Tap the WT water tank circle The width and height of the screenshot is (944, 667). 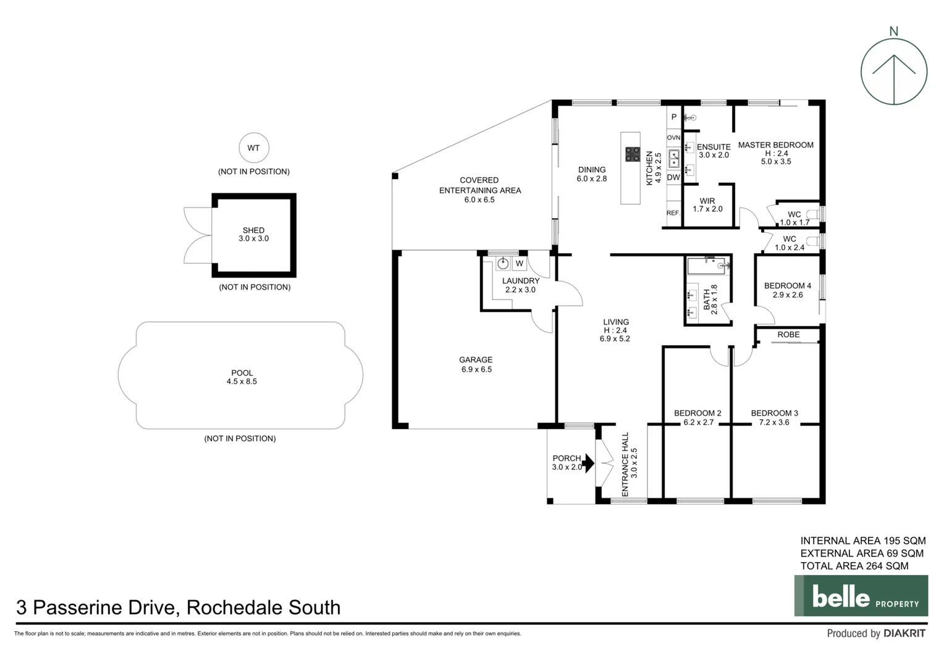[x=253, y=148]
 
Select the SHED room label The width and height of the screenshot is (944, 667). [x=253, y=230]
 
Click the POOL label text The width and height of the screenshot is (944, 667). [x=242, y=373]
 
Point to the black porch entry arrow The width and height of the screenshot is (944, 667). [x=588, y=463]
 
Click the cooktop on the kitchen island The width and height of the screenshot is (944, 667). [x=632, y=154]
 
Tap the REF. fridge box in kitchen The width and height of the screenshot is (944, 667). [x=673, y=213]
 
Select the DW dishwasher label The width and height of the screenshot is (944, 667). [x=673, y=177]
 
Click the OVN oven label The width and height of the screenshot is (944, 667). [x=673, y=138]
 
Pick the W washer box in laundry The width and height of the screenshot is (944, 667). [x=520, y=264]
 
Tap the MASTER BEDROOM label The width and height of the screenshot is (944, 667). [x=775, y=145]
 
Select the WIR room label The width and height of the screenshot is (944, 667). [x=707, y=201]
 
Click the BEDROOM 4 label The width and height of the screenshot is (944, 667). [x=788, y=286]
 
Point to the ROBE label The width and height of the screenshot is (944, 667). [x=788, y=335]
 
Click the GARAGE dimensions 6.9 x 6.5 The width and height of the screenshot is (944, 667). [x=476, y=369]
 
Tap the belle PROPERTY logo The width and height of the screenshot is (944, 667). [x=861, y=596]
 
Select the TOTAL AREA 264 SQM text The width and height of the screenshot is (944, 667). [x=854, y=566]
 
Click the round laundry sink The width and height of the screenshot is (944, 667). [x=503, y=264]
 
